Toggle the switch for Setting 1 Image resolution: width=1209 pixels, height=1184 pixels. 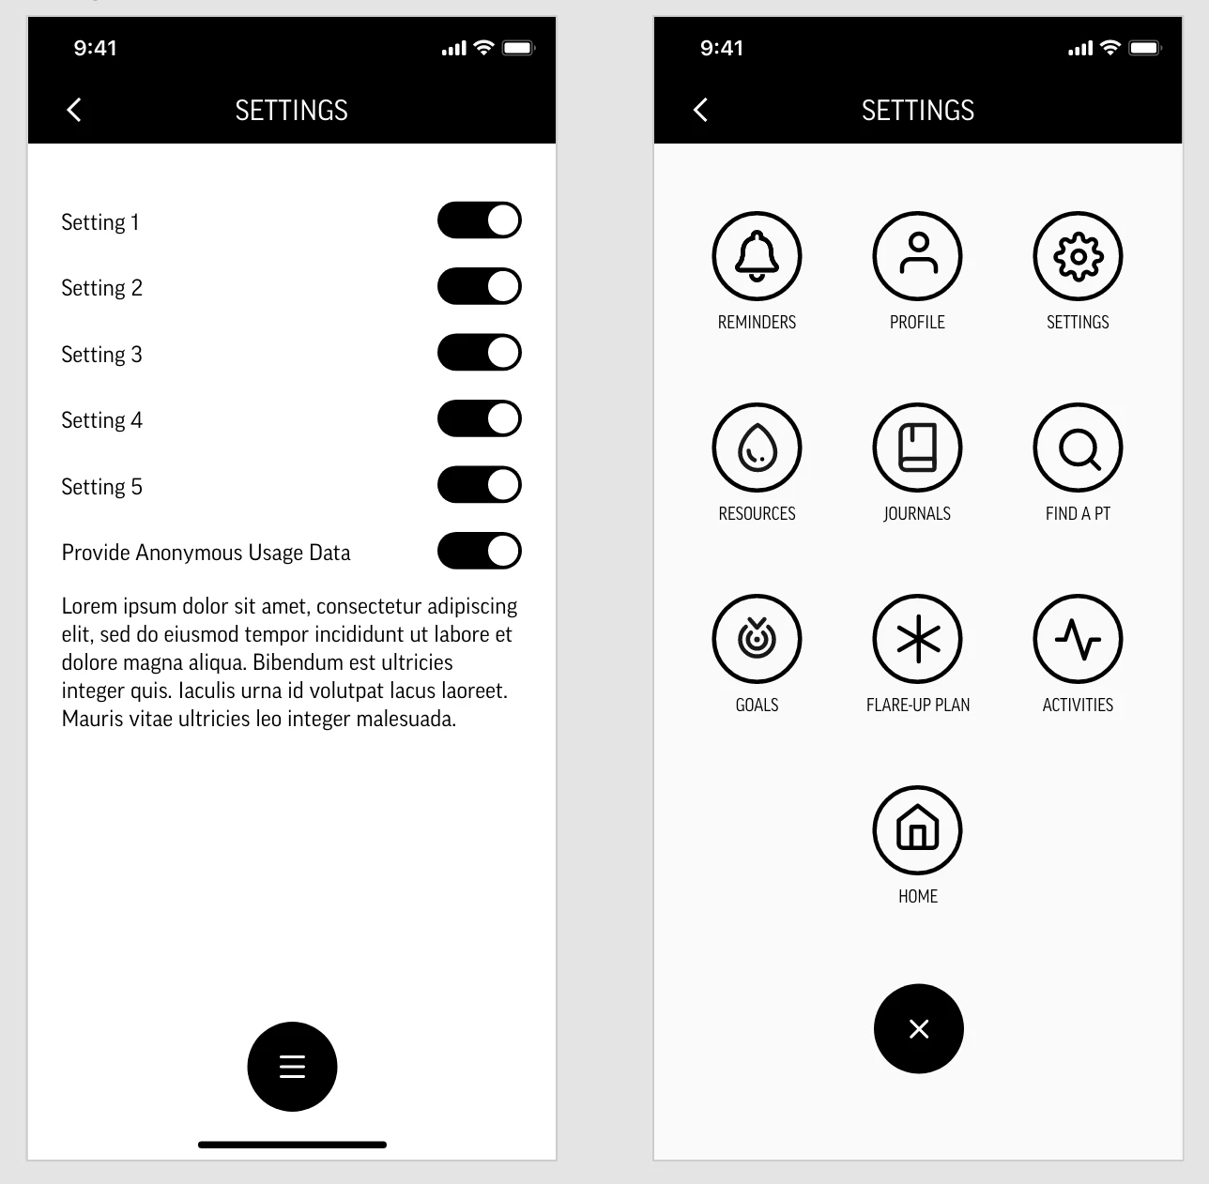[x=480, y=220]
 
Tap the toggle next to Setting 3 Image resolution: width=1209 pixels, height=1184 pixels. [x=480, y=353]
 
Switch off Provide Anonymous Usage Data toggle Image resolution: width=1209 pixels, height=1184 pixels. [x=480, y=551]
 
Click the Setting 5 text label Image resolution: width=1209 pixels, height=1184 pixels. [x=101, y=487]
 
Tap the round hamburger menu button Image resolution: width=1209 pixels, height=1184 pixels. [x=292, y=1067]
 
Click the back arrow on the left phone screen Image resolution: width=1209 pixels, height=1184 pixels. [x=74, y=110]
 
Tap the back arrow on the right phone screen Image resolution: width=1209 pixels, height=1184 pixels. [x=700, y=110]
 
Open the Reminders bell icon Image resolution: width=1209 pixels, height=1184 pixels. [x=757, y=256]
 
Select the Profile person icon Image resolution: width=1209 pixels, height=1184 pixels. [x=917, y=256]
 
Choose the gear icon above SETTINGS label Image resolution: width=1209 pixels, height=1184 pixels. [x=1078, y=256]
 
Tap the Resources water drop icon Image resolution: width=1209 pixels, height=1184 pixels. [x=757, y=448]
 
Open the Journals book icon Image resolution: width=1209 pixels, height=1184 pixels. [x=917, y=448]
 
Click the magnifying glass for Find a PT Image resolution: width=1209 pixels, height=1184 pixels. [x=1078, y=448]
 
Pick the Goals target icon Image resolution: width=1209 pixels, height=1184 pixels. [x=757, y=638]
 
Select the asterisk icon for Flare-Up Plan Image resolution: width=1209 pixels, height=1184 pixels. [x=917, y=638]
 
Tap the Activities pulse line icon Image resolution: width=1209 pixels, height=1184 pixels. [x=1078, y=638]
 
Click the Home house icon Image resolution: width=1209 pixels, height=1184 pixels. [x=917, y=829]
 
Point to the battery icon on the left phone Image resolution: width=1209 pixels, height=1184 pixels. [x=519, y=48]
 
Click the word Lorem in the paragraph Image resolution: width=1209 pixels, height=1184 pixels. [x=89, y=606]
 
